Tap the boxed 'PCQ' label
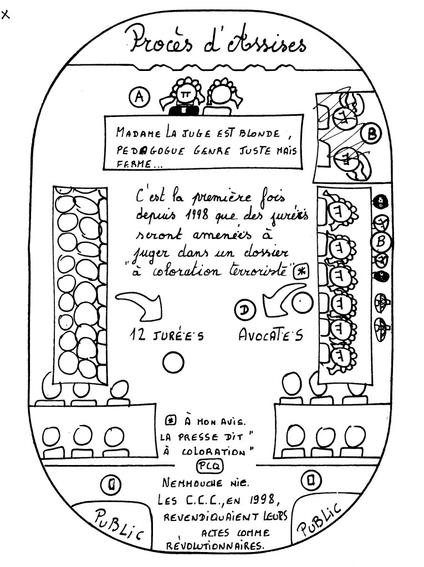[x=208, y=466]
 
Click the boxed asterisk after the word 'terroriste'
[x=302, y=271]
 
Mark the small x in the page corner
[x=6, y=15]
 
